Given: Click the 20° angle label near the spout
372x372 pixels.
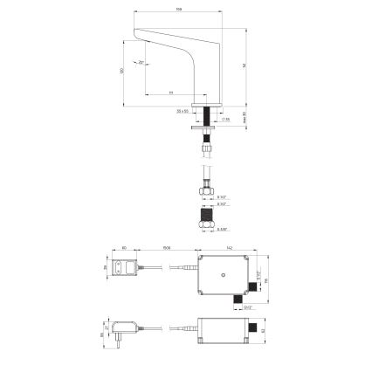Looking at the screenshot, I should pos(141,63).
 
